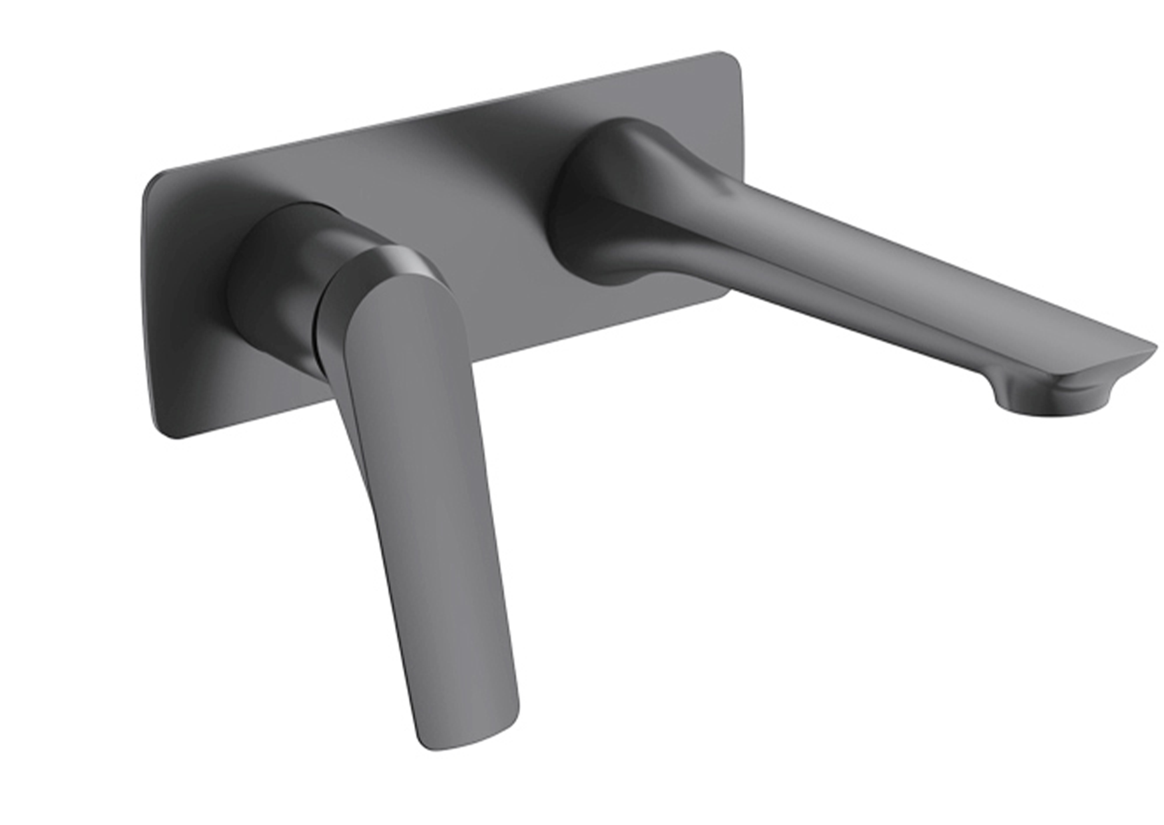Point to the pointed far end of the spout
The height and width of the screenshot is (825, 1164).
1154,349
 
